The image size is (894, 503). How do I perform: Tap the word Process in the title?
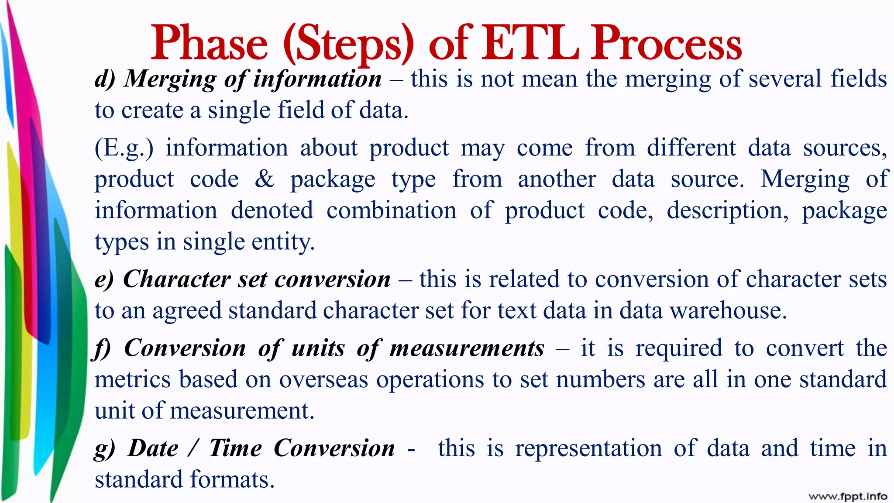(x=667, y=44)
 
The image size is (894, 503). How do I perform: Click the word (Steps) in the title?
(x=348, y=44)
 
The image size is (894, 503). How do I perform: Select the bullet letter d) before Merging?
(x=105, y=79)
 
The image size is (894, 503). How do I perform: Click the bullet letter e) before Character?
(x=104, y=279)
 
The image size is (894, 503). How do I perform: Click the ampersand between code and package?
(x=265, y=179)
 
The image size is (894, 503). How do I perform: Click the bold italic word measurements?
(x=467, y=348)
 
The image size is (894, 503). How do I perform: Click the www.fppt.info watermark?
(x=848, y=496)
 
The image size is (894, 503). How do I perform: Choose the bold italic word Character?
(x=176, y=279)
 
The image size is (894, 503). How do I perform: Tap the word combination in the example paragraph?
(x=391, y=210)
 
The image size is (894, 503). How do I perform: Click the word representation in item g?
(x=588, y=449)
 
